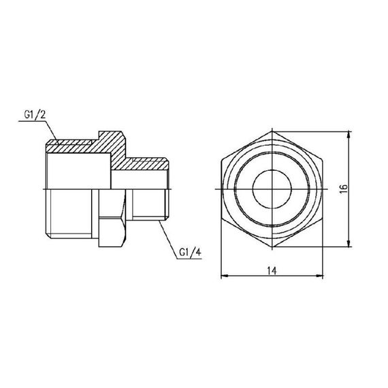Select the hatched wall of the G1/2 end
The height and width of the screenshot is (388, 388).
(x=71, y=144)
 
